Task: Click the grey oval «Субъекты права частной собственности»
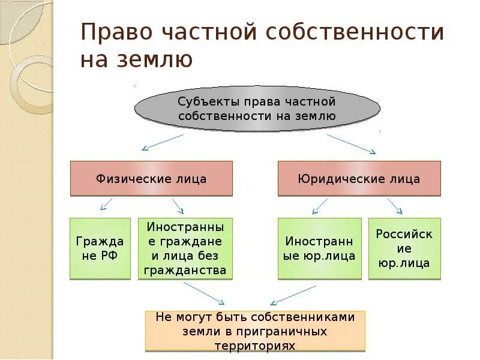coord(257,109)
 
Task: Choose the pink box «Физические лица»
coord(151,179)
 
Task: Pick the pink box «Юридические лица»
coord(359,179)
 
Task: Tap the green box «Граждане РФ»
coord(100,248)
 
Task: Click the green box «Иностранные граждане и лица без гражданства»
coord(185,248)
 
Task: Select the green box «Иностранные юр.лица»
coord(320,248)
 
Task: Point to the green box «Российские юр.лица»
coord(404,248)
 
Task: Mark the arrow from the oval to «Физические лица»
coord(162,143)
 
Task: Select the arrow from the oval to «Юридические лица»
coord(351,143)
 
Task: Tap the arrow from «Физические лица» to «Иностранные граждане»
coord(178,206)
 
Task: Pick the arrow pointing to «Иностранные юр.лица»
coord(320,206)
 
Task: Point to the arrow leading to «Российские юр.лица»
coord(394,206)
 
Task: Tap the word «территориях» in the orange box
coord(255,346)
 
